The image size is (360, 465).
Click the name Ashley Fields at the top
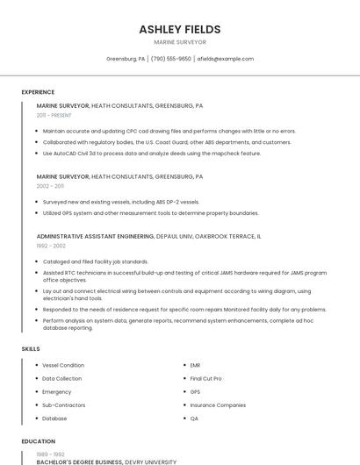tap(179, 29)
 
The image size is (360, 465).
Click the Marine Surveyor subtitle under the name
tap(179, 42)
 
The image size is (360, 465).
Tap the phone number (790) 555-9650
tap(170, 59)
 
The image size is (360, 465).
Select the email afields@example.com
tap(225, 59)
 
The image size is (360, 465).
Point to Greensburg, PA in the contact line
tap(126, 59)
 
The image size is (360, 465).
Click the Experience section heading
tap(38, 92)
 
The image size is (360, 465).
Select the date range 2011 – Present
tap(54, 115)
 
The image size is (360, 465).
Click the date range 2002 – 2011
tap(50, 186)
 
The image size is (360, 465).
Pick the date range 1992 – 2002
tap(50, 246)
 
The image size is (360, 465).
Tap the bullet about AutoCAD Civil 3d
tap(152, 153)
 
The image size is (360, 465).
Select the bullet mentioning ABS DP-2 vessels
tap(121, 202)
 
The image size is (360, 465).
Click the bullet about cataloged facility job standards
tap(96, 261)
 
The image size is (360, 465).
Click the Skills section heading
tap(31, 349)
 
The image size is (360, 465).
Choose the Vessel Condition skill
tap(63, 365)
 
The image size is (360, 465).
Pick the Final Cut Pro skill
tap(206, 378)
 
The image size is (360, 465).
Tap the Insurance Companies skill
tap(218, 405)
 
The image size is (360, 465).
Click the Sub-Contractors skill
tap(64, 405)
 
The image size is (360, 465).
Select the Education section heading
tap(38, 441)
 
